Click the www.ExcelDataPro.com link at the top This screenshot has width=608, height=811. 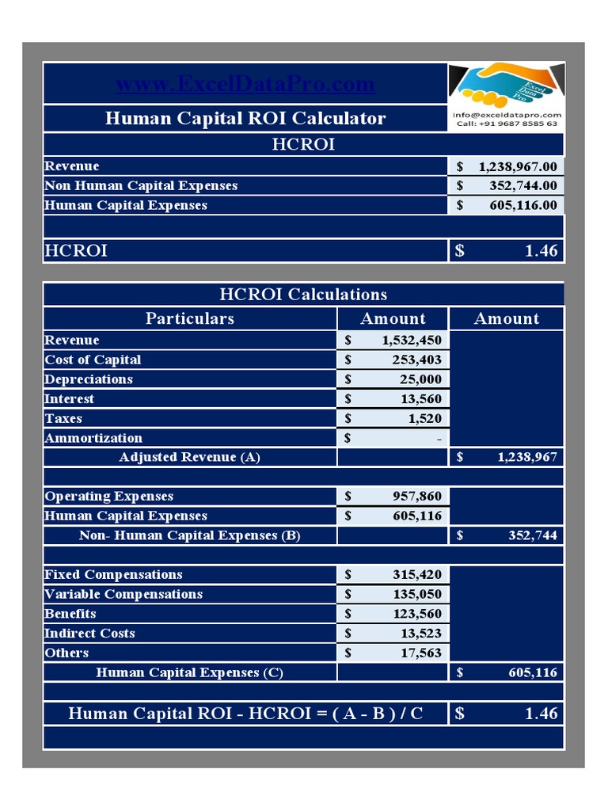coord(245,85)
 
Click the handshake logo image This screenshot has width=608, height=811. coord(506,86)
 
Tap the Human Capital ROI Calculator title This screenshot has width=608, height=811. coord(245,119)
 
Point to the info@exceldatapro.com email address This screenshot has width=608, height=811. coord(506,115)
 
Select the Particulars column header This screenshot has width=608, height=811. coord(190,318)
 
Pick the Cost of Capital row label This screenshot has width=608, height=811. coord(93,360)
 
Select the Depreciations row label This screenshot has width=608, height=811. coord(89,379)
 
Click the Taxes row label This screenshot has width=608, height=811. coord(63,418)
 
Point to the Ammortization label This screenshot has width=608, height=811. coord(93,438)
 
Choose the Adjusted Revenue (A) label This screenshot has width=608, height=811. coord(190,457)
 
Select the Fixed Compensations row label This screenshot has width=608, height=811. coord(113,575)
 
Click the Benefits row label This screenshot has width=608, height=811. coord(70,614)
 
